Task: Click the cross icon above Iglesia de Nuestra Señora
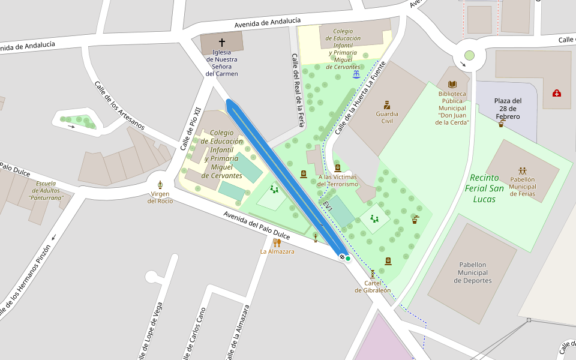pos(222,43)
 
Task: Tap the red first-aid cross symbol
pos(557,93)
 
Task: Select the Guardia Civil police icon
pos(387,104)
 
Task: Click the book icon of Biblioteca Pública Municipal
pos(452,85)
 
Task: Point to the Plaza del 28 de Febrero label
pos(508,109)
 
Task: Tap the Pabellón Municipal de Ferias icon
pos(522,170)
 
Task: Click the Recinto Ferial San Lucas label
pos(484,188)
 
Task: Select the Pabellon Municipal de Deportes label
pos(466,272)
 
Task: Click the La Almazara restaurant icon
pos(277,242)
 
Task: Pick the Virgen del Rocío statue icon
pos(160,185)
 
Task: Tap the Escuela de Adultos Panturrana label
pos(46,190)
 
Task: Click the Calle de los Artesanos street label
pos(119,104)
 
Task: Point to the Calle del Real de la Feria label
pos(298,90)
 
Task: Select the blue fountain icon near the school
pos(356,74)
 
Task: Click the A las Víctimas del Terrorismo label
pos(346,180)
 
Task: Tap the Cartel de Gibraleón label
pos(373,287)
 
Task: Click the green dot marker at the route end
pos(348,258)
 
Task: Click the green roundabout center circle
pos(469,55)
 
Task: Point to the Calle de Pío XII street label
pos(190,128)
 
